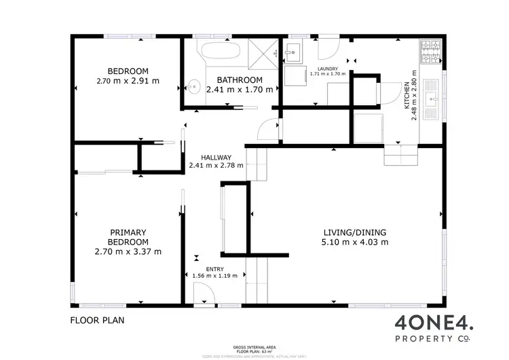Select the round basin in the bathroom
[194, 86]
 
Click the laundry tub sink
[293, 50]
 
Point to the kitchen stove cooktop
[430, 50]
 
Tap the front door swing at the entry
[204, 293]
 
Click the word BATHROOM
[240, 79]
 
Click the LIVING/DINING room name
[355, 231]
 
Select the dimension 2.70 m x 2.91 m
[128, 81]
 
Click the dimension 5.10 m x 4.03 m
[355, 242]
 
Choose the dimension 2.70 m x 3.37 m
[128, 252]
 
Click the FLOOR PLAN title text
[97, 319]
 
